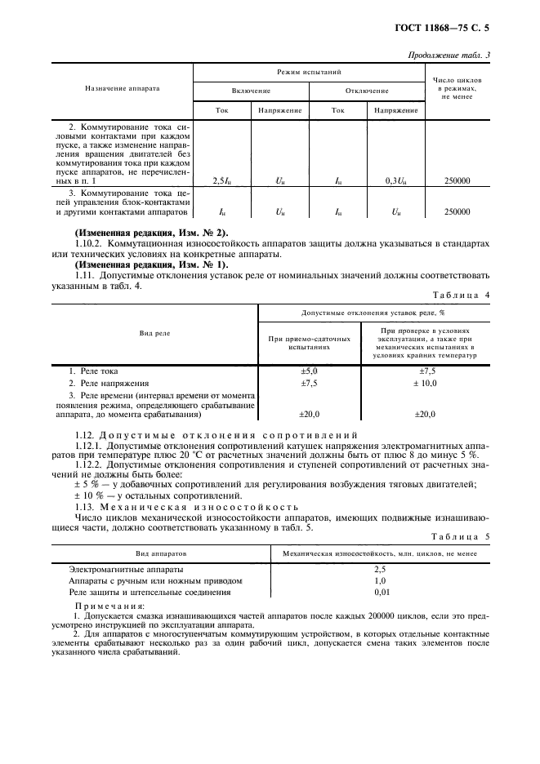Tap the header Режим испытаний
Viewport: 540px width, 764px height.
pos(308,73)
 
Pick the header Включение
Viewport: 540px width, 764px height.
pos(251,91)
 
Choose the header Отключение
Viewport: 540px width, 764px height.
pos(367,91)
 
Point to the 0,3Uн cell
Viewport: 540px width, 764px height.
pos(396,180)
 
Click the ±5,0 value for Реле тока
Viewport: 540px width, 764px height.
pos(309,371)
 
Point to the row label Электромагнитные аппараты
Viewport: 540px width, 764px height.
pos(126,568)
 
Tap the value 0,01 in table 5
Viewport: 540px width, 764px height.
pos(380,592)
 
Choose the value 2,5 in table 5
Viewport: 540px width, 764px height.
pos(380,568)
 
